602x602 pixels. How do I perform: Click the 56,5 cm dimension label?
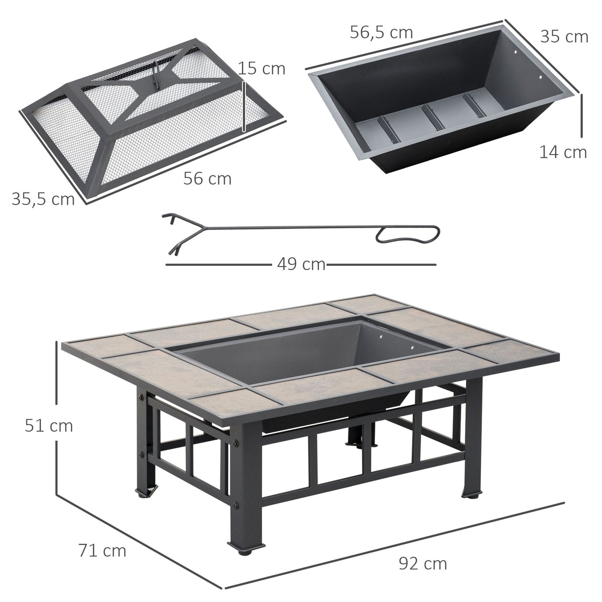coord(381,32)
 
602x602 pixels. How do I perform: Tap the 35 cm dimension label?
coord(564,37)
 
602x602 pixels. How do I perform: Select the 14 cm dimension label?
coord(563,152)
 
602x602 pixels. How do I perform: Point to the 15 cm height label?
coord(262,68)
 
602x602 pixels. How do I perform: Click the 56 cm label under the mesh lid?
coord(207,179)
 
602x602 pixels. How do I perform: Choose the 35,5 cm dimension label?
coord(43,199)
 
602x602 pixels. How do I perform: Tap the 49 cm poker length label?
coord(301,264)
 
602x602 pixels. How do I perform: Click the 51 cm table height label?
coord(48,426)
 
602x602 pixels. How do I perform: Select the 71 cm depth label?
coord(102,550)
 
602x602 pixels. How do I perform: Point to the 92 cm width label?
coord(422,563)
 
